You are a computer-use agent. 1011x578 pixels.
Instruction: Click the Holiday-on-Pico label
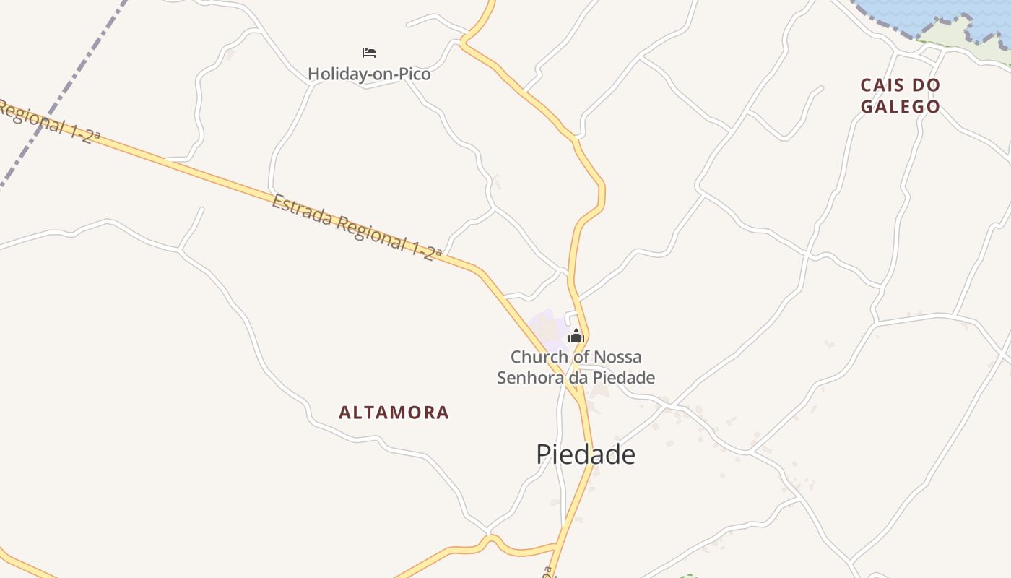tap(369, 74)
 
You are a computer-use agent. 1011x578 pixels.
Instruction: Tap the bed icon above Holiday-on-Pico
tap(369, 53)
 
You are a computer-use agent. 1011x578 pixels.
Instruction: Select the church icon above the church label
tap(576, 336)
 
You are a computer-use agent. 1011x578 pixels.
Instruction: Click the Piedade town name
tap(586, 454)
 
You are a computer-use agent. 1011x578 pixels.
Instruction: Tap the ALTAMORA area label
tap(394, 413)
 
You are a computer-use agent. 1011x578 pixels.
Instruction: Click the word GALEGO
tap(901, 107)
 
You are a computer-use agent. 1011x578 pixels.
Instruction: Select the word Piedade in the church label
tap(625, 377)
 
